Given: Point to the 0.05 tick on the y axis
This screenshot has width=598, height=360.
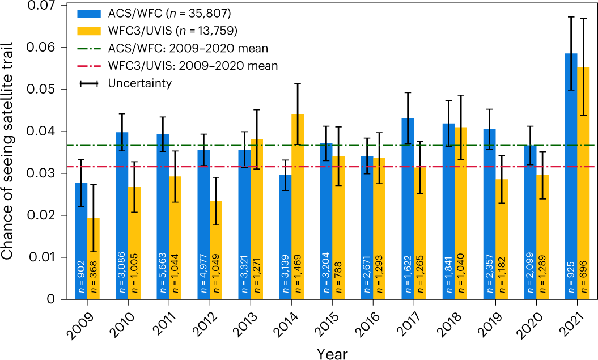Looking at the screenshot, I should pos(52,90).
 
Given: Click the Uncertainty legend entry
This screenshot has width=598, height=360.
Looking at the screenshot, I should pos(139,83).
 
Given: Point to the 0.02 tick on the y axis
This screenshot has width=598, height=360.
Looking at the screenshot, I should pos(52,215).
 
